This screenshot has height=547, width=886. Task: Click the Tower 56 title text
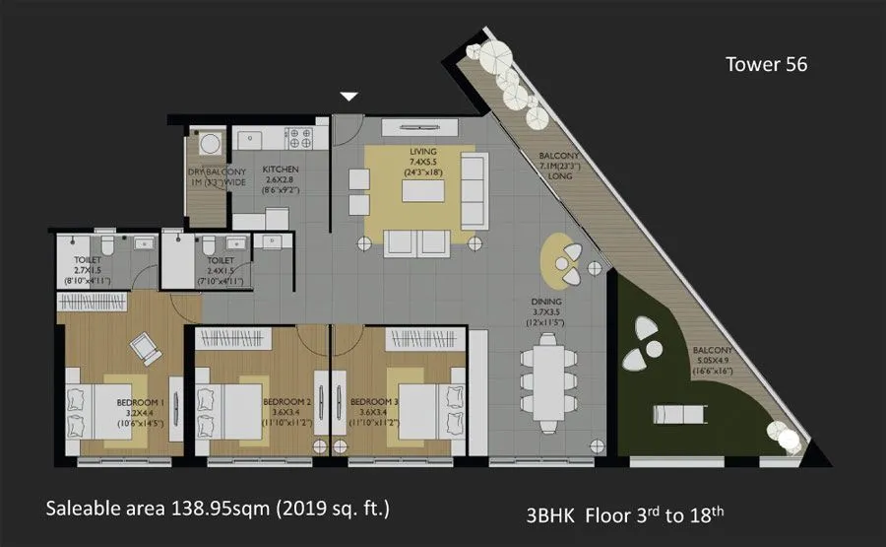tap(766, 65)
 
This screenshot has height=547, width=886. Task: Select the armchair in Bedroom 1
tap(144, 345)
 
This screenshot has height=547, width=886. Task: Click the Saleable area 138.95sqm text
tap(218, 509)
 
